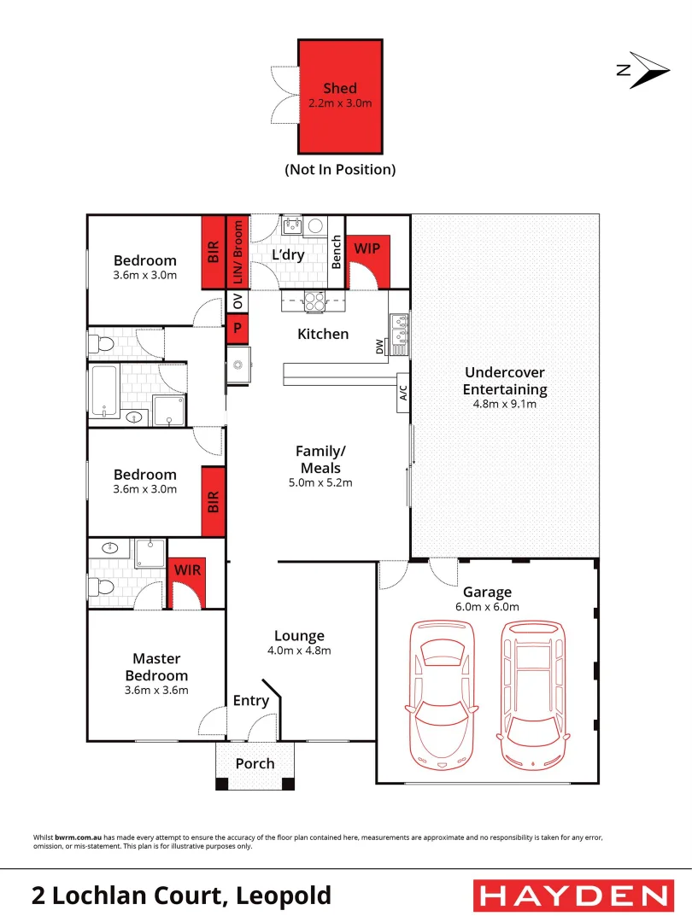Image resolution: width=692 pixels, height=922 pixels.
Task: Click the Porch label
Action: coord(255,762)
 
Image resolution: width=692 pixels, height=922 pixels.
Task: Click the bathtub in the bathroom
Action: coord(105,392)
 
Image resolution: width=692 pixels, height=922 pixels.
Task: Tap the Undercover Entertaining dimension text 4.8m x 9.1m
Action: coord(505,404)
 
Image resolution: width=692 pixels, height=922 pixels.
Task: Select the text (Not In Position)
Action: coord(340,169)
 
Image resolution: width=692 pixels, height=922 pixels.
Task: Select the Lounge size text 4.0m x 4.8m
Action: coord(299,650)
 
